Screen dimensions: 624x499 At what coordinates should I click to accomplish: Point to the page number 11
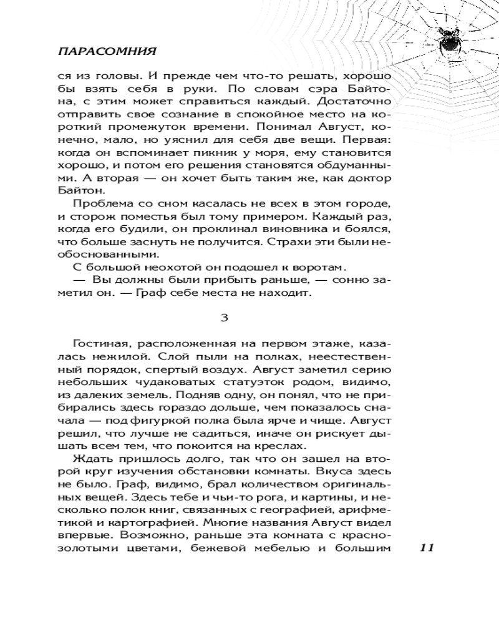point(427,548)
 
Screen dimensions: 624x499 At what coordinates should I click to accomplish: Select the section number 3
point(224,317)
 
